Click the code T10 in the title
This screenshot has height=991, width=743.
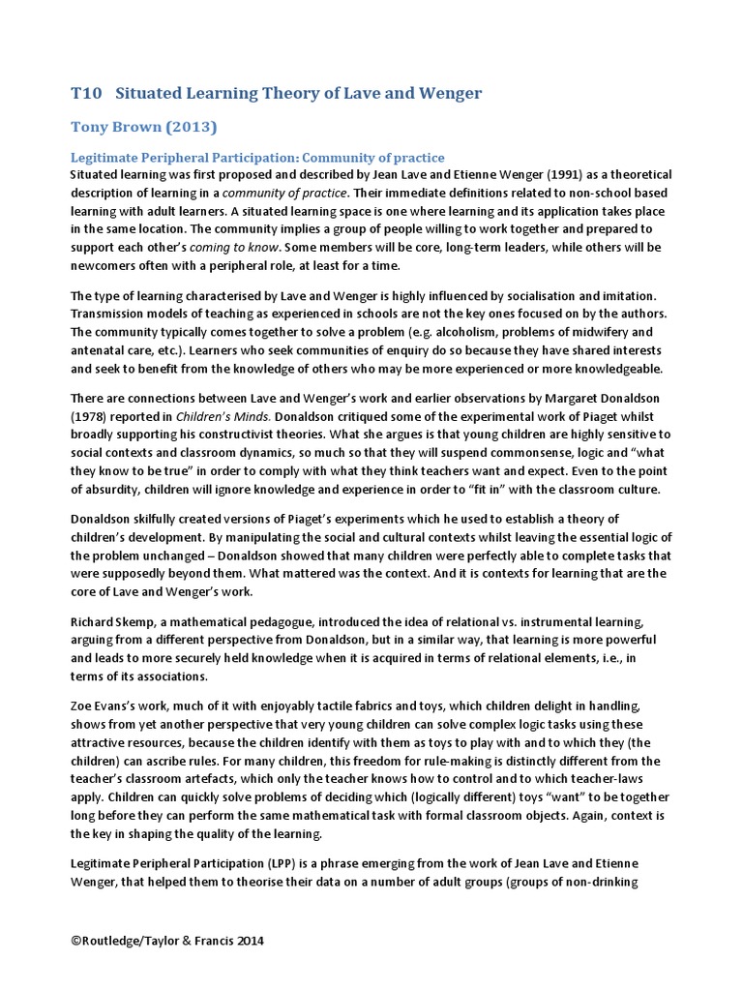(87, 93)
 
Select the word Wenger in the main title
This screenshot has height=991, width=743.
(446, 93)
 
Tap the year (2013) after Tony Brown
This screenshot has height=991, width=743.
(189, 127)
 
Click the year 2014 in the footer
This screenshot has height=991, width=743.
(246, 941)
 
